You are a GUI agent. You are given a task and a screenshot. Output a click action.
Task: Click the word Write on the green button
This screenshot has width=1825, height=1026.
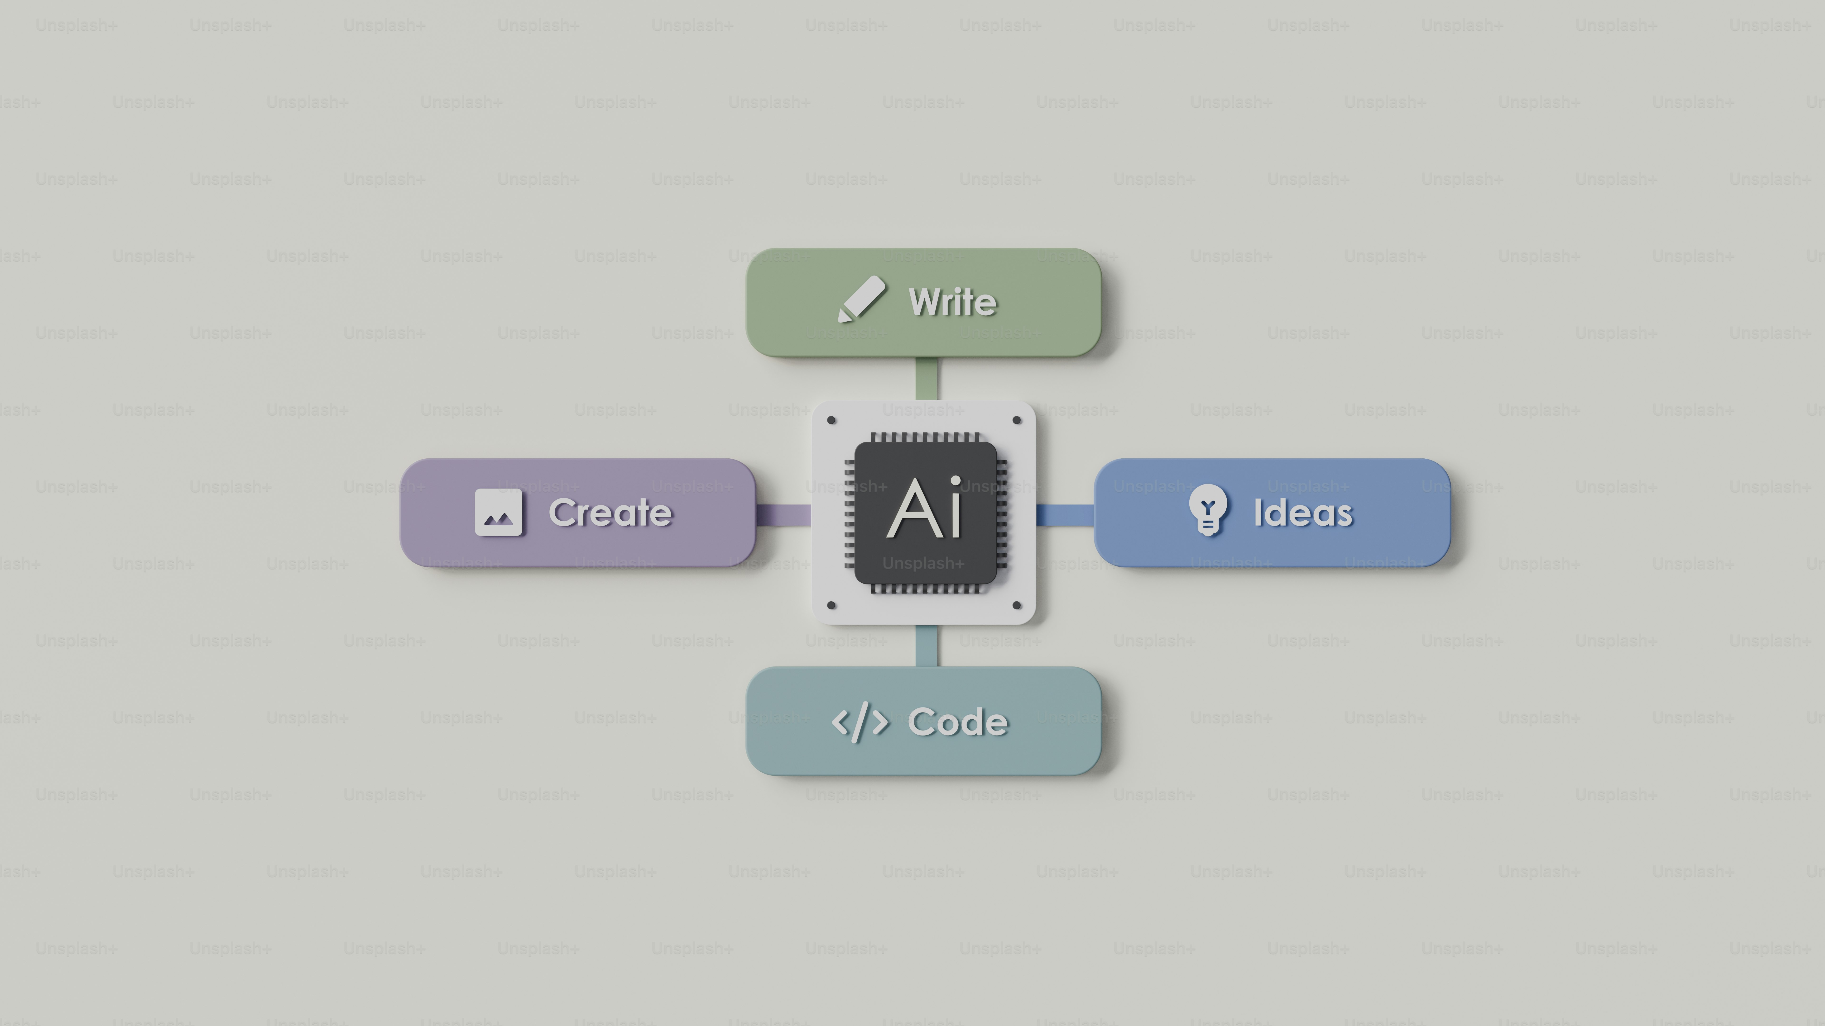pos(953,302)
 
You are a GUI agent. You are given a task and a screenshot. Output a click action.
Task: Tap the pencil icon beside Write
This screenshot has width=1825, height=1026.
pos(861,299)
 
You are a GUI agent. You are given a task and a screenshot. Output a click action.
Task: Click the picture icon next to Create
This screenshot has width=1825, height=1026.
pos(499,512)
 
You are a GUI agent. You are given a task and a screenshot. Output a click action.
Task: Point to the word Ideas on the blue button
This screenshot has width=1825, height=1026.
pos(1303,513)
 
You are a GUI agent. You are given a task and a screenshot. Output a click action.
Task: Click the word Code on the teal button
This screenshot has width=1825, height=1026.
pos(958,722)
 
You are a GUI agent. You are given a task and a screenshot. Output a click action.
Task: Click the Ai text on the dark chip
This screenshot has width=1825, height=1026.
pos(925,508)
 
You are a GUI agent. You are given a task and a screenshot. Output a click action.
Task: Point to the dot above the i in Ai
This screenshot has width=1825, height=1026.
pos(956,482)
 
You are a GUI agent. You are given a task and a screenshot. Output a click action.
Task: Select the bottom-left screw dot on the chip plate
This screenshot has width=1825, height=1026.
pos(832,605)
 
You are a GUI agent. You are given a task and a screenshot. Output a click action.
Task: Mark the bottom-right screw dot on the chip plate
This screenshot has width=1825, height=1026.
pos(1017,605)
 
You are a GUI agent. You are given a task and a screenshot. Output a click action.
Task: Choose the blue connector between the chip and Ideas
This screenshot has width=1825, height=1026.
pos(1065,515)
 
